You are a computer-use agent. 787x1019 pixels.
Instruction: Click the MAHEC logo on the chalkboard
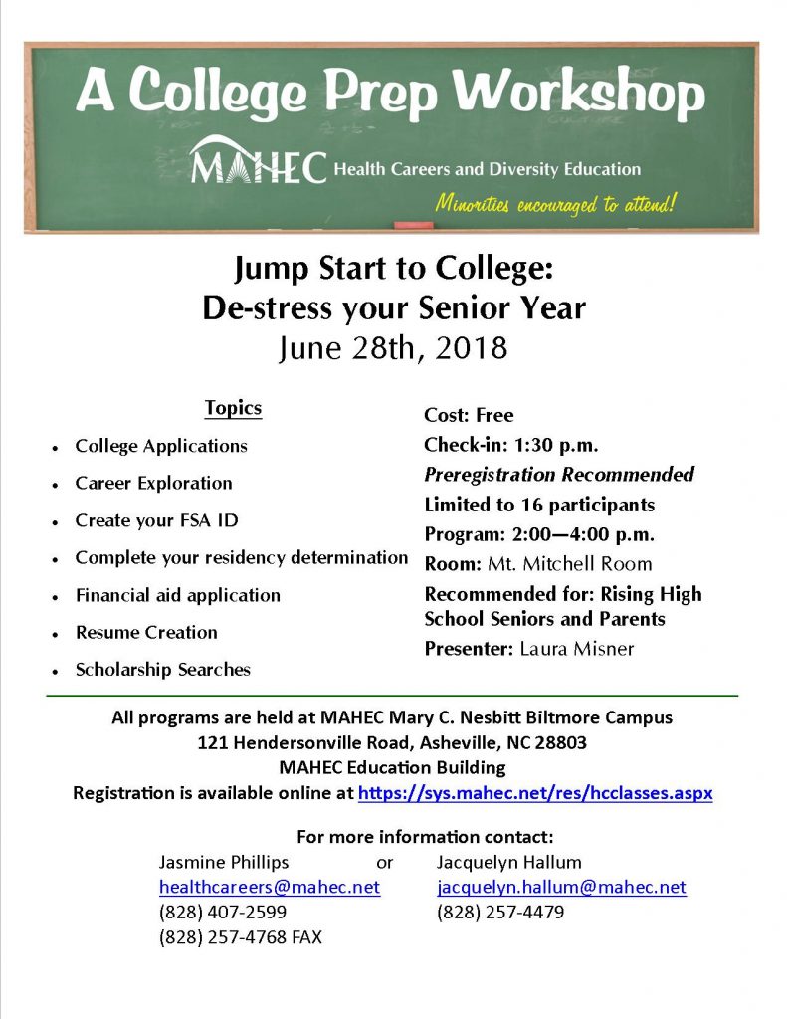[257, 162]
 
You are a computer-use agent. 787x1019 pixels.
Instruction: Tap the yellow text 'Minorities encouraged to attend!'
[555, 204]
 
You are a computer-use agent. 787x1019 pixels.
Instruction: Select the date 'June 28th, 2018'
[393, 347]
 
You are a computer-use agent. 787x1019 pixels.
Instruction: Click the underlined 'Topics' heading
[233, 408]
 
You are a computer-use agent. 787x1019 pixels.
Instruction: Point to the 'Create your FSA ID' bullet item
[156, 520]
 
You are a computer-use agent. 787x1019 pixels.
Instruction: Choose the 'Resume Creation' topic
[146, 632]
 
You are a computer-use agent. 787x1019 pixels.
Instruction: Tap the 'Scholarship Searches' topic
[162, 670]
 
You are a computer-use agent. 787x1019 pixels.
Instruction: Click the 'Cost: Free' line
[469, 415]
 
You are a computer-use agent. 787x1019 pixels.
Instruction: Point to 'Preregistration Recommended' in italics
[559, 475]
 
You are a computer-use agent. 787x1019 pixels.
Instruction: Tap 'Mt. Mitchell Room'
[569, 564]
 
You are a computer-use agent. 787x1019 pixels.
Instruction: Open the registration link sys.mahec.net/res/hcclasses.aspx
[534, 794]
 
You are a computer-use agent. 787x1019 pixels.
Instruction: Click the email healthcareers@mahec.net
[269, 887]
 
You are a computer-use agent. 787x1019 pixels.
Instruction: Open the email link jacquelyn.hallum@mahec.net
[561, 887]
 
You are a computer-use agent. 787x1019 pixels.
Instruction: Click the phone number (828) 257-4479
[500, 912]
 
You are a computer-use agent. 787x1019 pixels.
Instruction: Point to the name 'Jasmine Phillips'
[224, 862]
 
